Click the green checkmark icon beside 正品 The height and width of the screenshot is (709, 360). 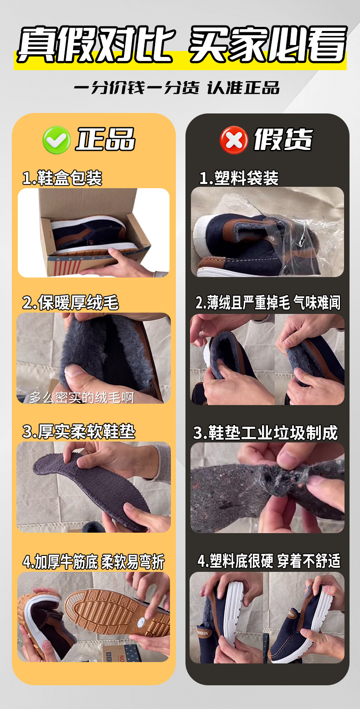pos(56,140)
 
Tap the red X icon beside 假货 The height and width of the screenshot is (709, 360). pos(234,140)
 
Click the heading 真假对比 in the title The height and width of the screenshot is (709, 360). pos(95,45)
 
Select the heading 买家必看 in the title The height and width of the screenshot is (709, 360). pos(268,45)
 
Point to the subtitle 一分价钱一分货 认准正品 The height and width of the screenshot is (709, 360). pos(177,87)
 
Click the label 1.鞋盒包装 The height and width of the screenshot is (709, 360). pos(62,178)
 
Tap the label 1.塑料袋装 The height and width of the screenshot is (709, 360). pos(239,178)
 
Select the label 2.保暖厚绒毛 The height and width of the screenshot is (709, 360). pos(71,303)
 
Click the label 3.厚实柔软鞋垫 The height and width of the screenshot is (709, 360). pos(79,432)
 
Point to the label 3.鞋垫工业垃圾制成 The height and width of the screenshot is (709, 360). pos(266,433)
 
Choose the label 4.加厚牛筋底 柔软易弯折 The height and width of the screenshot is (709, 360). pos(93,562)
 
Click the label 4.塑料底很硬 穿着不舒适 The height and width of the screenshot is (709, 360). pos(269,561)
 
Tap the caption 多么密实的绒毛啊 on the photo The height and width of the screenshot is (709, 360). pos(82,397)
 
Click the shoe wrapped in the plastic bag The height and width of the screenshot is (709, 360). pos(255,241)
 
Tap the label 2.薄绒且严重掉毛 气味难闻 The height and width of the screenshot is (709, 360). pos(268,303)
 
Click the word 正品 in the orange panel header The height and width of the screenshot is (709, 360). pos(105,139)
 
